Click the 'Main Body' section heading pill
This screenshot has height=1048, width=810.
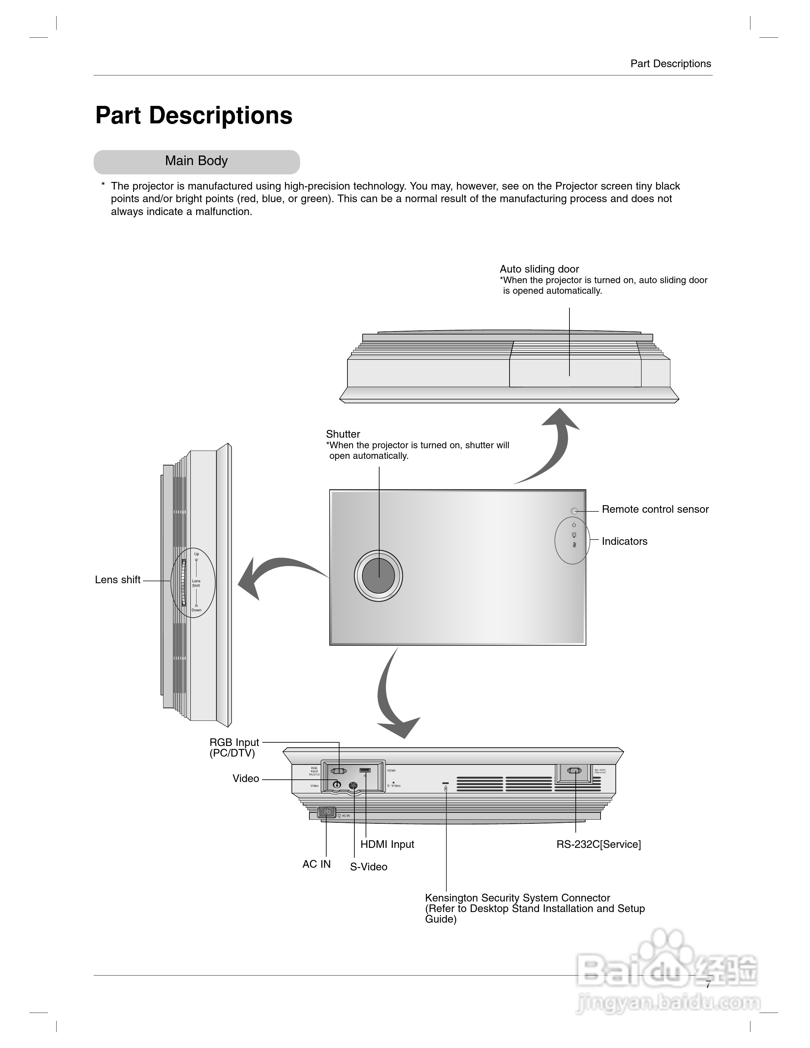(196, 161)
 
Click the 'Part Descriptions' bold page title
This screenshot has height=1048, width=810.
(194, 116)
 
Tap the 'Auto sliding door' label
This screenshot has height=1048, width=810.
(539, 269)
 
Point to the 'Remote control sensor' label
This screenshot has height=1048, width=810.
(655, 509)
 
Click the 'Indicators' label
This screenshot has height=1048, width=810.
(624, 541)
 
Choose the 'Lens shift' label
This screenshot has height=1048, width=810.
(117, 580)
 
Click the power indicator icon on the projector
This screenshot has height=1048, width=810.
(573, 525)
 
